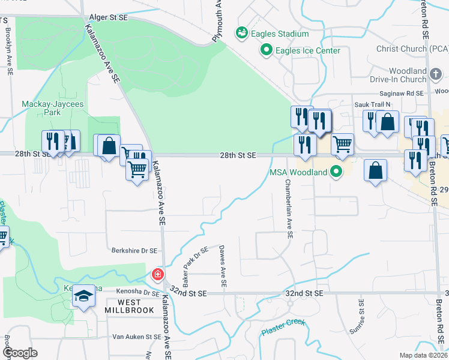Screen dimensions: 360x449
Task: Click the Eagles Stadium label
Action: coord(280,34)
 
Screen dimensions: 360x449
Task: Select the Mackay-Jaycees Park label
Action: coord(50,108)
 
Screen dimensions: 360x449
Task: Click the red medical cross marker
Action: coord(158,275)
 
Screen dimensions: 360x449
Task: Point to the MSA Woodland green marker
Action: coord(337,173)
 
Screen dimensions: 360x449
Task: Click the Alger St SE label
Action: coord(108,19)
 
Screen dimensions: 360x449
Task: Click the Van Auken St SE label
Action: coord(127,337)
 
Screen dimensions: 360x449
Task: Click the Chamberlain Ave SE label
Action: coord(288,209)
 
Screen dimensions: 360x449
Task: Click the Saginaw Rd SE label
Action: coord(401,94)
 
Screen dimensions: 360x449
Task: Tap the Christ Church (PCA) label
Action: coord(412,49)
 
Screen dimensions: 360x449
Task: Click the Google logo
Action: coord(20,352)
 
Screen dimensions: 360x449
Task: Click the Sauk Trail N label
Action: coord(357,104)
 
